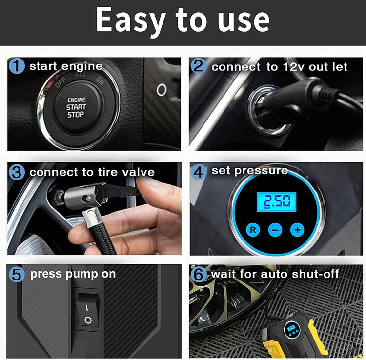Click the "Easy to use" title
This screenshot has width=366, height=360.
183,20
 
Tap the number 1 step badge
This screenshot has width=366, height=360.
17,66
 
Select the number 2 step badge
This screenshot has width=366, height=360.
199,66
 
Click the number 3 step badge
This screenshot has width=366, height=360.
17,172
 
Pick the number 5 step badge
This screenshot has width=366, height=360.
17,274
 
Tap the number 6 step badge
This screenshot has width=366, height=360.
199,274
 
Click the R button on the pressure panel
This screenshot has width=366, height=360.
253,229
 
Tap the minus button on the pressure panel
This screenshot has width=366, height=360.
275,229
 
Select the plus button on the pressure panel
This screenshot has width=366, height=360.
297,229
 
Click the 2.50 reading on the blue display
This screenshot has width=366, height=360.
276,200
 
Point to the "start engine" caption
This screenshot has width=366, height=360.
66,66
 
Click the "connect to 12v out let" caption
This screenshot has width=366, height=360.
279,66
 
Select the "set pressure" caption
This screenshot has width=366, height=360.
249,171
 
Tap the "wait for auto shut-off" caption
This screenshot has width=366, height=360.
275,274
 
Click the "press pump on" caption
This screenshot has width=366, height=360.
73,274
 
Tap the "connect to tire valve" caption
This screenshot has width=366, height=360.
92,172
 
